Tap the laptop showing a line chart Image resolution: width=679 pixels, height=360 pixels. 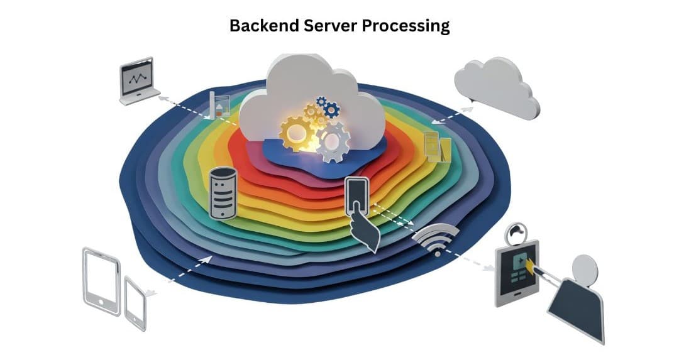[138, 80]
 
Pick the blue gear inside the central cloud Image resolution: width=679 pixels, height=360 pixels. [328, 108]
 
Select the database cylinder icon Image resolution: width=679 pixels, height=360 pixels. [223, 193]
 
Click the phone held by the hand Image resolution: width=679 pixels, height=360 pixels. [357, 195]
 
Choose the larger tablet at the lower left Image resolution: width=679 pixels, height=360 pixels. [101, 280]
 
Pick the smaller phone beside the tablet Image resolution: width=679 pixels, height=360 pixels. [135, 303]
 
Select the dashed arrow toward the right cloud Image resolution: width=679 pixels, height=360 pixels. [452, 116]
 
